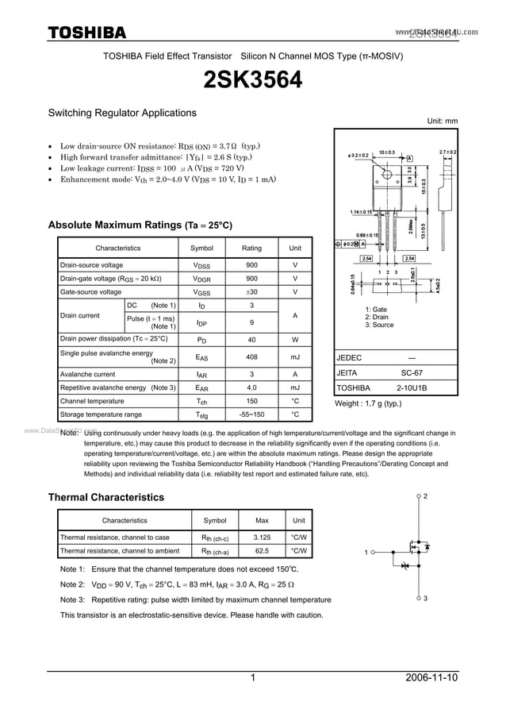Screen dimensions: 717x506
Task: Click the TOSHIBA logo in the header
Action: point(87,33)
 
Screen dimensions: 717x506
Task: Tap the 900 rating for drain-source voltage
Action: point(251,265)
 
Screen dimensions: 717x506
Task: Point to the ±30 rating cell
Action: point(251,292)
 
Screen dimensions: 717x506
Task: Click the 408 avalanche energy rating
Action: point(251,357)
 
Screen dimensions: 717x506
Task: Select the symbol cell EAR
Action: point(201,388)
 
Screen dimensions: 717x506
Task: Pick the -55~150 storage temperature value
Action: point(251,414)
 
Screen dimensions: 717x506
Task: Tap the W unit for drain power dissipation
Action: point(295,338)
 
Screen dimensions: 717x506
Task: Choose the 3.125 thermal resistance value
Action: point(262,538)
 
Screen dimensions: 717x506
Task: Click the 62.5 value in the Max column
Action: point(262,550)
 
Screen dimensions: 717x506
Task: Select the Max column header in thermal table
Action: point(262,521)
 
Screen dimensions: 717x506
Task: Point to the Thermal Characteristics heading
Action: point(106,497)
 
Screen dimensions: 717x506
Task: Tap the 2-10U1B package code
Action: point(412,388)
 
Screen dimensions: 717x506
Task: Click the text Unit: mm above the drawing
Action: point(443,121)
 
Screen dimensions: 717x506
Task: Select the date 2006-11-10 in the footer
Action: point(431,679)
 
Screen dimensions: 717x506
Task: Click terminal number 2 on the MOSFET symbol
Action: point(425,496)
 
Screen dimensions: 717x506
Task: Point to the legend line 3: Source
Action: point(379,325)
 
